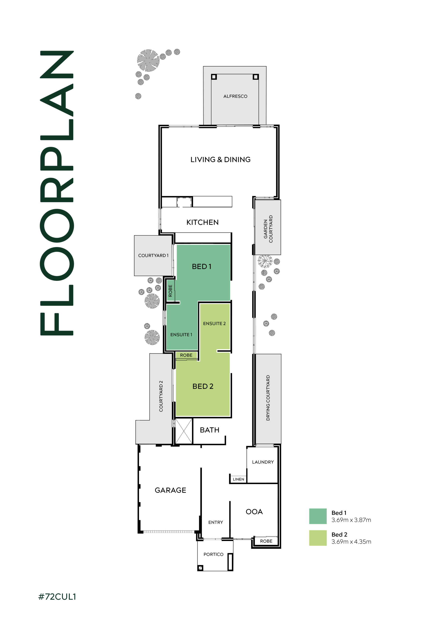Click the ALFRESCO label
(x=235, y=96)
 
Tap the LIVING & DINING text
(x=220, y=160)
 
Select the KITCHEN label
(x=202, y=222)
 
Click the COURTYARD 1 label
(x=153, y=256)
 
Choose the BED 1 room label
(x=202, y=266)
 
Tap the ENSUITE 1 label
(x=181, y=334)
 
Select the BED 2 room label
(x=203, y=387)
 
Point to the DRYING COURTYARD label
(x=268, y=398)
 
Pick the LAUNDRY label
(x=263, y=462)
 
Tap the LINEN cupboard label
(x=238, y=479)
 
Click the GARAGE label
(x=170, y=490)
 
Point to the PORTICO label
(x=213, y=554)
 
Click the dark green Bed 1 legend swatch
(x=318, y=516)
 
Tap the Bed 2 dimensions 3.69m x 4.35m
(x=351, y=542)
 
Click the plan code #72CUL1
(x=57, y=597)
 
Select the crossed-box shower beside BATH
(x=184, y=431)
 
